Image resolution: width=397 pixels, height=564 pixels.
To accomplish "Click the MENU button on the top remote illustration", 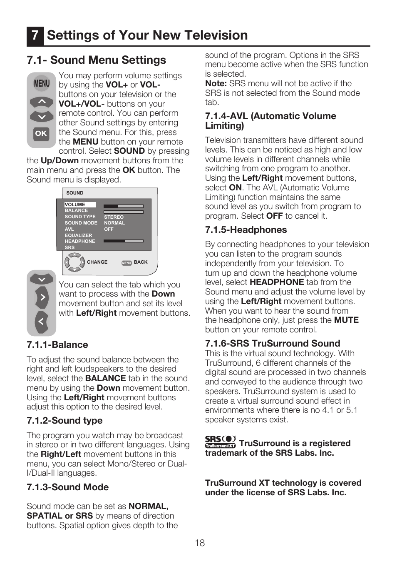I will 42,84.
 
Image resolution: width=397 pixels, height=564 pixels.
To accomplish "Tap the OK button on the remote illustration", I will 41,133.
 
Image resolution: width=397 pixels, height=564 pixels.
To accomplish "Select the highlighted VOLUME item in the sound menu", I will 75,205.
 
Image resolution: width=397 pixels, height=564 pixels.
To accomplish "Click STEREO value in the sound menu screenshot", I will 114,217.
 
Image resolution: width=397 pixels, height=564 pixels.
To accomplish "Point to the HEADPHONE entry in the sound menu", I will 80,241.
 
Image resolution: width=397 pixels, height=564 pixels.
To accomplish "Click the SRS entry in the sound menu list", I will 69,247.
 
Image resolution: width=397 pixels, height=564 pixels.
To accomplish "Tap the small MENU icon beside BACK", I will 127,263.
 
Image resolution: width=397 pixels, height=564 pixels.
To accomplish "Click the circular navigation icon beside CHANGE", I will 74,262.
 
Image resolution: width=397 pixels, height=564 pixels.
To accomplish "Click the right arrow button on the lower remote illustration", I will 42,297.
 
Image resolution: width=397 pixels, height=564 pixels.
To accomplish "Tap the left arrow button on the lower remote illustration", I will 41,321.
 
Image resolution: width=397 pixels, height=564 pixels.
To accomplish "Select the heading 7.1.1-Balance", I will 57,345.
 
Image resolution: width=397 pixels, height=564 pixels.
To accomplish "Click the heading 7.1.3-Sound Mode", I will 67,487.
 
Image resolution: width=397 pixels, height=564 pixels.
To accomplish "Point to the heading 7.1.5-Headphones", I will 246,230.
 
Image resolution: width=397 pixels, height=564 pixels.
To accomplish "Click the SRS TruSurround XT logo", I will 220,442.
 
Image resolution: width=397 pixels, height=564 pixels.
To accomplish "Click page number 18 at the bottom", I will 200,543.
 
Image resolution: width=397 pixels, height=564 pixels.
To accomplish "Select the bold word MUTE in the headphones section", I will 346,320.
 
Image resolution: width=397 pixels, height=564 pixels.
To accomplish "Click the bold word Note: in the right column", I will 216,84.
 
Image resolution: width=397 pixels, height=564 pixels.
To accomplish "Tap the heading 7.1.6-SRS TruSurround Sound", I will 273,344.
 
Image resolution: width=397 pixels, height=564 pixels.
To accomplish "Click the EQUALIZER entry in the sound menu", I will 78,235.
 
